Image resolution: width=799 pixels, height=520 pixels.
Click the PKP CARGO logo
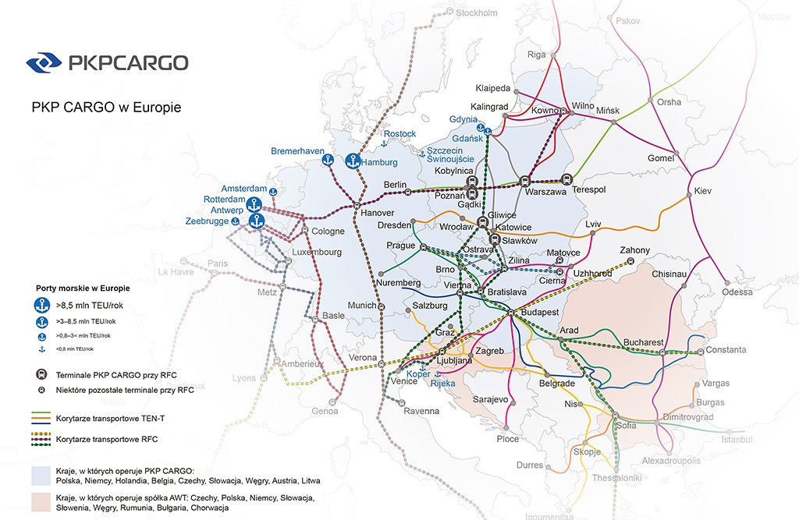(107, 62)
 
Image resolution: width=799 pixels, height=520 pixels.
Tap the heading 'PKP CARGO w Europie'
(106, 108)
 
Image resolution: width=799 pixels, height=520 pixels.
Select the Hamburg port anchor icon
(353, 161)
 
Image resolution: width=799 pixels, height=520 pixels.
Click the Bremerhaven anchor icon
(328, 161)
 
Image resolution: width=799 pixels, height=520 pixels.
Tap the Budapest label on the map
(538, 312)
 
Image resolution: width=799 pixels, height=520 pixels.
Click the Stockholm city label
(476, 12)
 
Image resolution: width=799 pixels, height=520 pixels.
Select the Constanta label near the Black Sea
(726, 350)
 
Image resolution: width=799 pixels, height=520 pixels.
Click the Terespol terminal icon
(566, 179)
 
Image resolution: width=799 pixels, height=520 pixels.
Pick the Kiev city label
(703, 191)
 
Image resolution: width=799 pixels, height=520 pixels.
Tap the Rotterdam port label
(224, 200)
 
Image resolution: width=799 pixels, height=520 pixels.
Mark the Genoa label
(325, 411)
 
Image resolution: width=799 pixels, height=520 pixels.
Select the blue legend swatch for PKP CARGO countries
(42, 476)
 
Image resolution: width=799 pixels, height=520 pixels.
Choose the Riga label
(537, 55)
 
